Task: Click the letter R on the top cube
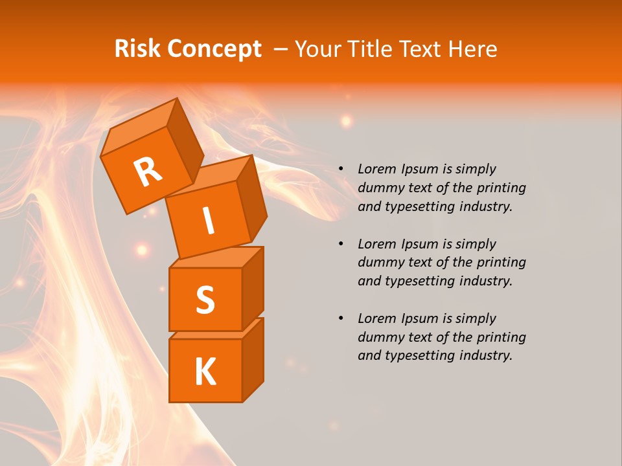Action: [148, 173]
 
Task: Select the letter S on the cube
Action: [205, 300]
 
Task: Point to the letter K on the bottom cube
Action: [205, 372]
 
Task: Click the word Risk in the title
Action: [139, 49]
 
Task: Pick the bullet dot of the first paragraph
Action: [341, 170]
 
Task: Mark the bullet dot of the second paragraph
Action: [341, 244]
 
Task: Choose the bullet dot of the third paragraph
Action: [341, 318]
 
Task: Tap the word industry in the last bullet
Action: [484, 355]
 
